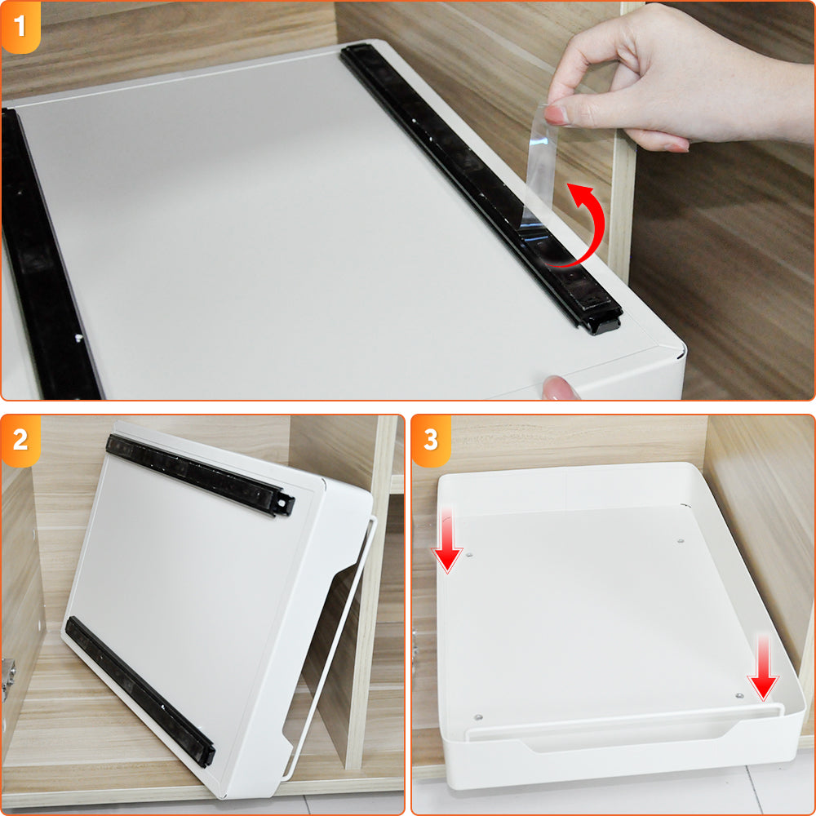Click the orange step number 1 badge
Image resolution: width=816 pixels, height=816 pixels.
point(20,27)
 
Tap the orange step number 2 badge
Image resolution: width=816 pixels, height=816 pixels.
point(20,441)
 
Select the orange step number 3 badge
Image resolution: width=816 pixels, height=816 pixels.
point(431,441)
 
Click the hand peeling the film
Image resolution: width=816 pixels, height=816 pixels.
point(676,78)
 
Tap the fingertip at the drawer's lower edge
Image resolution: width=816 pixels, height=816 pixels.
point(559,388)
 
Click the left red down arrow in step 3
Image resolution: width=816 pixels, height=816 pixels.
point(446,541)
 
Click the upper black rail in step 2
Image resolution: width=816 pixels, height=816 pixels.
point(201,475)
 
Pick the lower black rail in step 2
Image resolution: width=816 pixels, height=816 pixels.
point(140,691)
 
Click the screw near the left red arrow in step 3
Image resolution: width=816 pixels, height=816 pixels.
point(469,555)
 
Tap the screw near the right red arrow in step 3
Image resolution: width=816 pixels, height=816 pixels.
point(739,695)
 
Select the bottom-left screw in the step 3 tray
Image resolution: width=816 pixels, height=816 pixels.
point(478,717)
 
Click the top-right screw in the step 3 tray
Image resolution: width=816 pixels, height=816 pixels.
point(681,541)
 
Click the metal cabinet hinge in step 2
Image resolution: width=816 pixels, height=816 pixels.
point(8,676)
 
